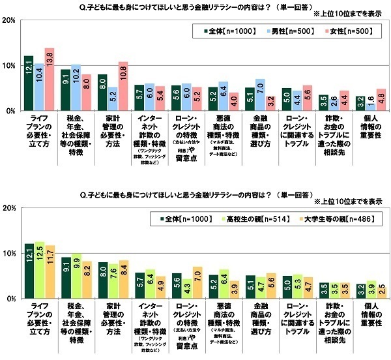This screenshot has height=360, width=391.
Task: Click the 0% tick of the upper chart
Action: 10,112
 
